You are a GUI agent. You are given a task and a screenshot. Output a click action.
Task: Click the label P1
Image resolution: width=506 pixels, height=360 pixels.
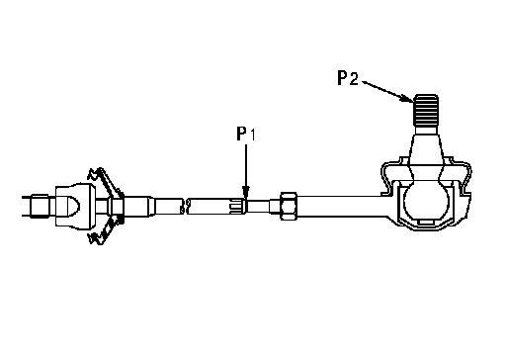click(246, 134)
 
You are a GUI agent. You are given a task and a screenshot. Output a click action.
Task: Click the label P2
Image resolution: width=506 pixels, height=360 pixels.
click(348, 78)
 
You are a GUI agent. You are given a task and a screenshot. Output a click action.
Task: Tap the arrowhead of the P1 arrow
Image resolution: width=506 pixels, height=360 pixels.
click(246, 192)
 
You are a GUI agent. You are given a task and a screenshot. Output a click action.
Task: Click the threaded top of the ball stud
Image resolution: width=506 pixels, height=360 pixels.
click(426, 111)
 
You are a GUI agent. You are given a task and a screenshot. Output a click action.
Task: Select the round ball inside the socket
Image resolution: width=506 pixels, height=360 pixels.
click(426, 201)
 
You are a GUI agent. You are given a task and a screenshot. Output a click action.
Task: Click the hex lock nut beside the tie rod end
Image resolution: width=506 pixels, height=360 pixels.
click(289, 206)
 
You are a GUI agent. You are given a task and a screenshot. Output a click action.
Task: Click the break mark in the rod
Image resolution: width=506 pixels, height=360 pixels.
click(184, 206)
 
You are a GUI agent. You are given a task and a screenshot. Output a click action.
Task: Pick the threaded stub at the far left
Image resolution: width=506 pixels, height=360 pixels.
click(40, 207)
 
